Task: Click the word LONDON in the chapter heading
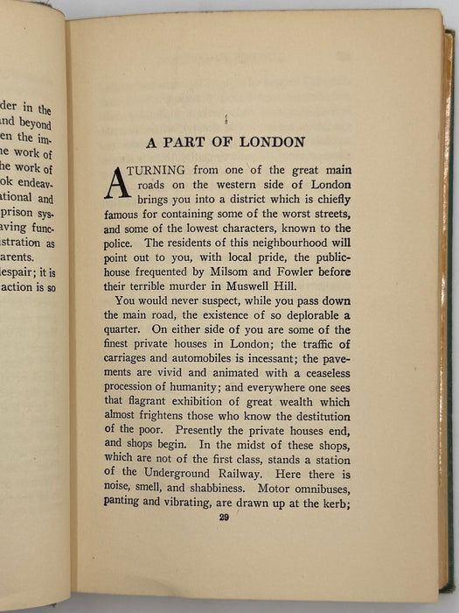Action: tap(266, 142)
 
